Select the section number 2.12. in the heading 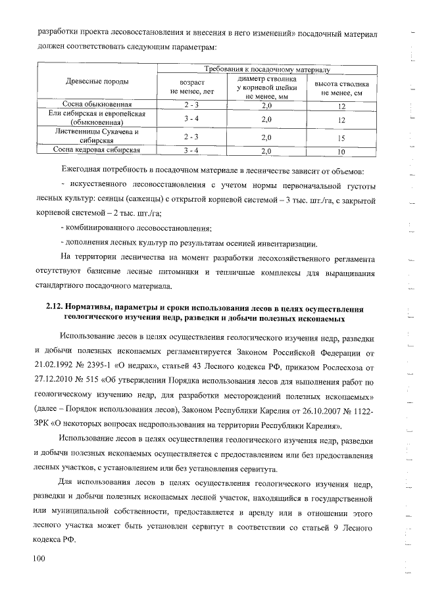click(57, 308)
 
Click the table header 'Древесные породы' click(97, 82)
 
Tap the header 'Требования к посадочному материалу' click(267, 68)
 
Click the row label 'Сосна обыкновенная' click(97, 105)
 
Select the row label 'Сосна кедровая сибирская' click(97, 150)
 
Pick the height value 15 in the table click(341, 138)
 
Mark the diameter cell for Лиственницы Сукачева click(267, 137)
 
